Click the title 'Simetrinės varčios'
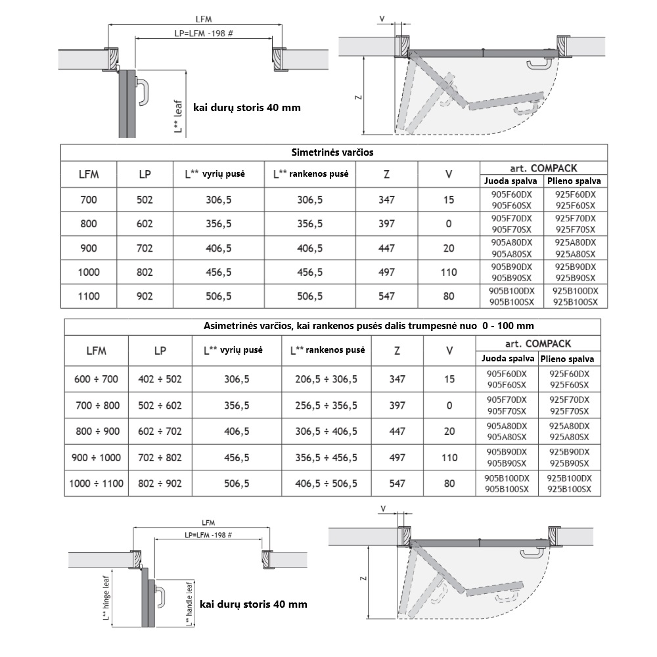(332, 152)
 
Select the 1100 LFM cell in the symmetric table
(88, 296)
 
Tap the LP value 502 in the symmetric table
(145, 200)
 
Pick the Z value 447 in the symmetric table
(386, 248)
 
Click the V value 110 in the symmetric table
(449, 272)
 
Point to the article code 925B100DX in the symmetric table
(576, 290)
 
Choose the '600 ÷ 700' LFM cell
(96, 380)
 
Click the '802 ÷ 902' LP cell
(160, 484)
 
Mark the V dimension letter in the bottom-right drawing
(383, 509)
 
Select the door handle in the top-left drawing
(143, 90)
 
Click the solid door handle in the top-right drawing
(536, 64)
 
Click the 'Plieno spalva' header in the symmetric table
(575, 181)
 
